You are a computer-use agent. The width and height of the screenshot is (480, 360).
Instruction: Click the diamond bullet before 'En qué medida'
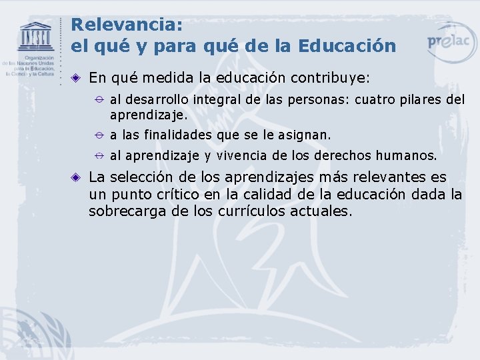(77, 79)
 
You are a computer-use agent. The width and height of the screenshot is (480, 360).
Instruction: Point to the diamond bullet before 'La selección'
(77, 178)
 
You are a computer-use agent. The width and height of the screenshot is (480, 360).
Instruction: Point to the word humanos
(406, 156)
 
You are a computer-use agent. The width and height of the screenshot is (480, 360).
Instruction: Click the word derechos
(343, 156)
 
